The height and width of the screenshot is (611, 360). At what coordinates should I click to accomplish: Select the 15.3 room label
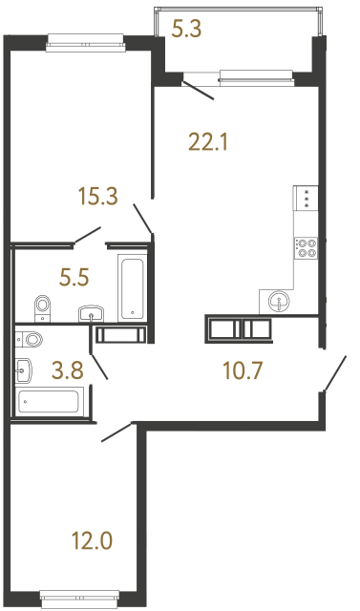coord(97,198)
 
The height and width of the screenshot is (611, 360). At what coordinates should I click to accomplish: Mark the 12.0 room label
coord(93,541)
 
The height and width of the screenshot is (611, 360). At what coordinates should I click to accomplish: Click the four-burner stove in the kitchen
coord(307,247)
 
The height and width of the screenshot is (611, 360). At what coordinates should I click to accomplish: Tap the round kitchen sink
coord(279,301)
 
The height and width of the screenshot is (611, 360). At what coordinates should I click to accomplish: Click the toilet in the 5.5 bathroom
coord(42,307)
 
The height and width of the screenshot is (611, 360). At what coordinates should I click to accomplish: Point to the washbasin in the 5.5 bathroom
coord(93,313)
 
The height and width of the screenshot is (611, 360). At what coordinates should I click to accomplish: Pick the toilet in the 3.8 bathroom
coord(32,338)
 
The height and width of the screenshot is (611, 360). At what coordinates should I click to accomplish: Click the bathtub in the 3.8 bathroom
coord(52,402)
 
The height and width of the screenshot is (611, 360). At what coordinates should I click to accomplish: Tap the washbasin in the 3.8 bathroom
coord(24,368)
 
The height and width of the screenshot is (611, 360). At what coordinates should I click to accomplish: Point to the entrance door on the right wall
coord(334,371)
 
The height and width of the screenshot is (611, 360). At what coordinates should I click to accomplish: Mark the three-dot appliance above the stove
coord(307,198)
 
